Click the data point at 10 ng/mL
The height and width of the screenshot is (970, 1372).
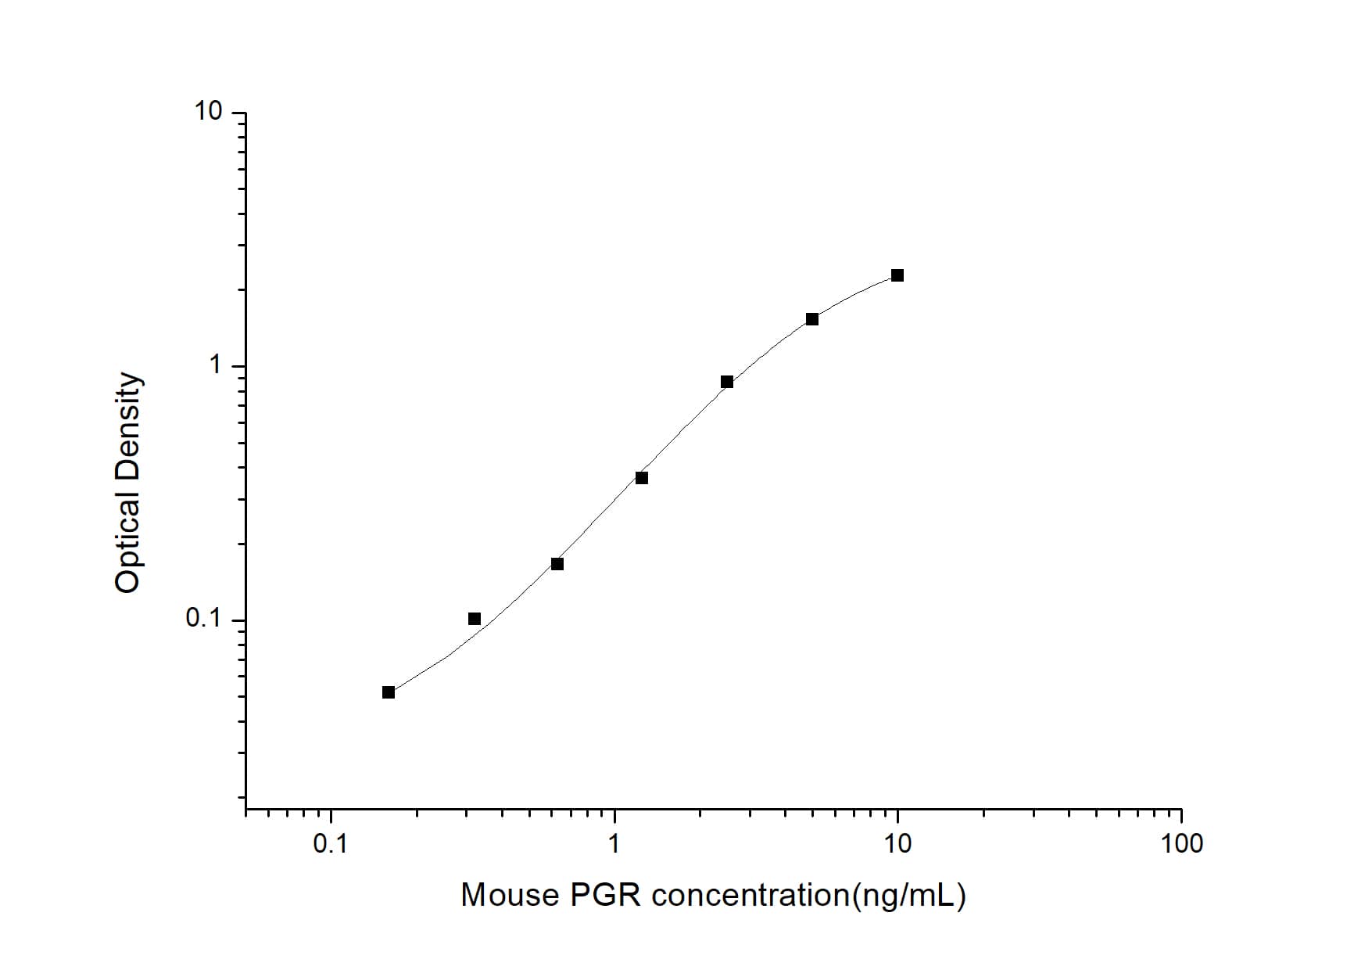[897, 275]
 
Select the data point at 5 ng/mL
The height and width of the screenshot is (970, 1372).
[812, 319]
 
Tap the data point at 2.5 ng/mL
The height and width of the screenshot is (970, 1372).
[727, 382]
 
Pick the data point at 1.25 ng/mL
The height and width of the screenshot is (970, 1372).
[642, 478]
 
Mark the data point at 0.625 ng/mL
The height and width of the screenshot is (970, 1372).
[557, 564]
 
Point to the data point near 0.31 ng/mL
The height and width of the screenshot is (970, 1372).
[475, 619]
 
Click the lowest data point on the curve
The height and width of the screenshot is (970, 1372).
[389, 692]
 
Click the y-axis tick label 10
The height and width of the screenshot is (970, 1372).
[209, 113]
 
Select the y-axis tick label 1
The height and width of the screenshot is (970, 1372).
[216, 365]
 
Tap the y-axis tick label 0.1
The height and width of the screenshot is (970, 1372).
[205, 620]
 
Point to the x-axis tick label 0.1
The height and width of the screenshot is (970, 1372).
[331, 844]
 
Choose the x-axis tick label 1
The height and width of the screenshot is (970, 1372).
[614, 844]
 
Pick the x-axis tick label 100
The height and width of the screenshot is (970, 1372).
[1181, 844]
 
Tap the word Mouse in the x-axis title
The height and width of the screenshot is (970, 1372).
[510, 895]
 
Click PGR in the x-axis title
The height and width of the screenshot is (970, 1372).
[606, 895]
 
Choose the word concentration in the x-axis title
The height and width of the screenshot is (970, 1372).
[750, 895]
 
